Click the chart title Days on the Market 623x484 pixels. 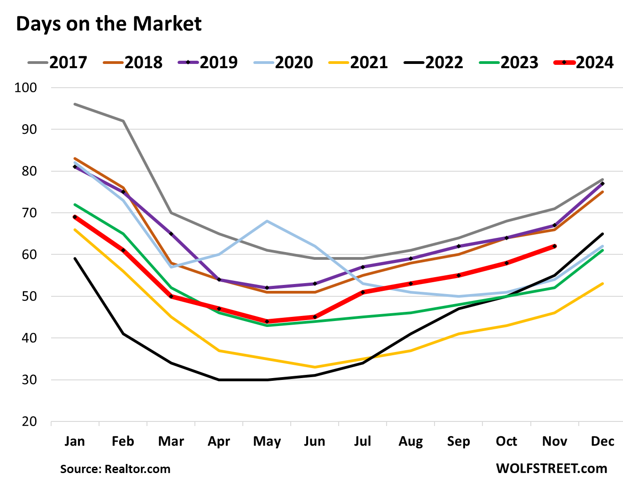(109, 24)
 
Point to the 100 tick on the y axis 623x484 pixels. (26, 88)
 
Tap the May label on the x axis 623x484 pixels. (267, 441)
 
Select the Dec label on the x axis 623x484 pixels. (602, 441)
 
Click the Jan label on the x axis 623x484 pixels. (74, 441)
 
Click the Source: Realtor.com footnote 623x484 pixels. (115, 469)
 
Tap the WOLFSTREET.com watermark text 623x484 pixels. (551, 468)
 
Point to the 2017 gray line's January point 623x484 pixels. (74, 104)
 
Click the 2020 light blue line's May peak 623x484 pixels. (267, 221)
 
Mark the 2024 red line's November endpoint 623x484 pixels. (555, 246)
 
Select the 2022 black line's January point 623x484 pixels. (74, 258)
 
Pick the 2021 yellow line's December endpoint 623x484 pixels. (602, 284)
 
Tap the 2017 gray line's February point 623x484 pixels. (123, 121)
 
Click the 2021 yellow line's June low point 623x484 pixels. (315, 367)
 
